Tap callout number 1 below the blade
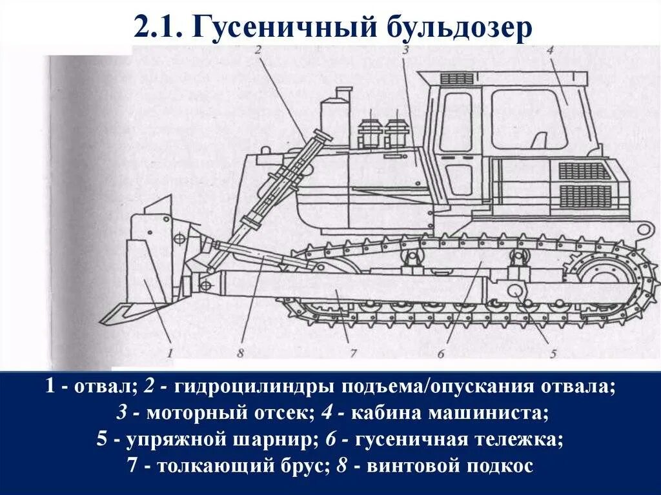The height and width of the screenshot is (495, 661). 170,352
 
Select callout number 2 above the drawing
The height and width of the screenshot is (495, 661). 258,50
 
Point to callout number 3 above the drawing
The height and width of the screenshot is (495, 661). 405,50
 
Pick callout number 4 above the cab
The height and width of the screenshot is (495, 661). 549,50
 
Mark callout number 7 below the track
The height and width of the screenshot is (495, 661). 353,352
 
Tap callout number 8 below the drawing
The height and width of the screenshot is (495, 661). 240,352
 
